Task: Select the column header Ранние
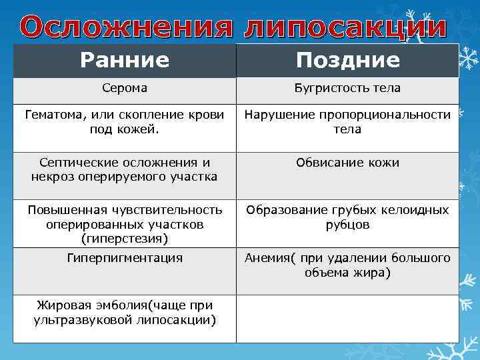click(x=125, y=61)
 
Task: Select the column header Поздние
click(x=347, y=61)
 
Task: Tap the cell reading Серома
click(x=125, y=88)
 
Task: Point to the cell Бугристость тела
click(x=347, y=88)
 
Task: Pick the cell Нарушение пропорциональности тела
click(x=347, y=122)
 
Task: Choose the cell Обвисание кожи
click(x=347, y=163)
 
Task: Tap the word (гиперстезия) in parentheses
click(x=124, y=237)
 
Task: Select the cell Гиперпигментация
click(x=125, y=257)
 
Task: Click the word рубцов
click(x=347, y=225)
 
